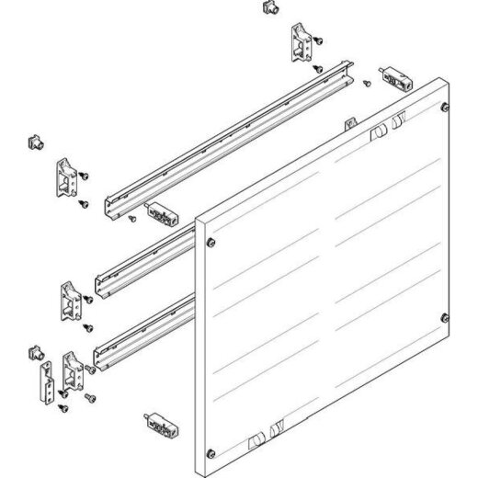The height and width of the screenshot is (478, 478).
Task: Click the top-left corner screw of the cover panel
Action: (x=212, y=243)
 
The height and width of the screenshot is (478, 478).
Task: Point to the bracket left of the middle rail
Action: (x=69, y=300)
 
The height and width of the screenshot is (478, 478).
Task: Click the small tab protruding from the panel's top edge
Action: (x=349, y=124)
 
